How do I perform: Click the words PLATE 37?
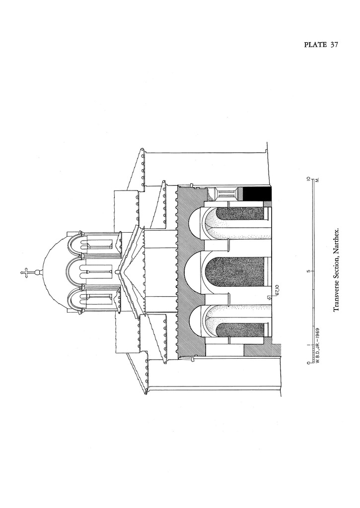click(321, 45)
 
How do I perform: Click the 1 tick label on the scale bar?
click(308, 345)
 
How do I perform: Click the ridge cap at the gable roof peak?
click(118, 272)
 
